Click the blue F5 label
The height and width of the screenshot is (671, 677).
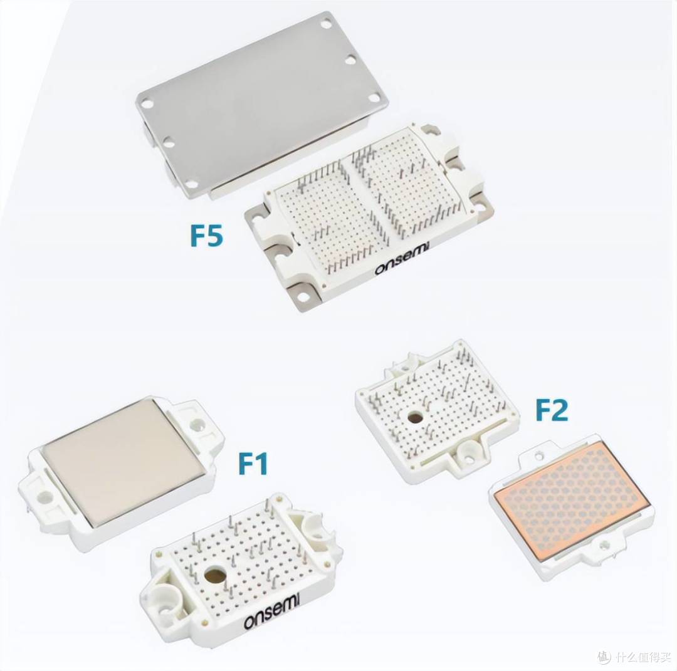(x=207, y=235)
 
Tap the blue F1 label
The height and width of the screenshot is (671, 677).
(x=253, y=463)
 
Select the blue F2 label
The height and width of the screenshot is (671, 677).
(x=552, y=410)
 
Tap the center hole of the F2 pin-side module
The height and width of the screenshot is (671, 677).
(x=416, y=417)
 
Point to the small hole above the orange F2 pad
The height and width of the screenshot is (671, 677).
(x=538, y=455)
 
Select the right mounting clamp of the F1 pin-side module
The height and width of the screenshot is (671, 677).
(x=313, y=525)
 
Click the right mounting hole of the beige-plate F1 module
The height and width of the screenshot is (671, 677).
(x=198, y=425)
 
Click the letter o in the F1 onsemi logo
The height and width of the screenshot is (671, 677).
(x=249, y=622)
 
